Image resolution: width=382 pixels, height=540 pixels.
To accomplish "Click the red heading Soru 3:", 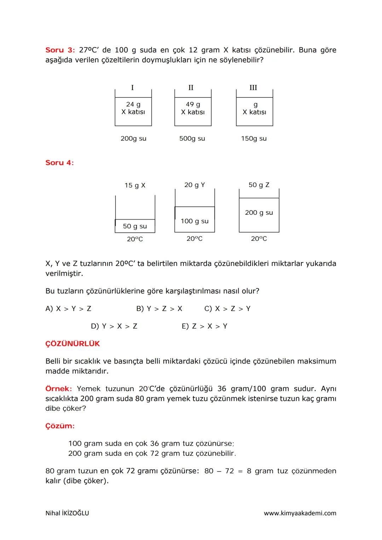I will click(x=60, y=50).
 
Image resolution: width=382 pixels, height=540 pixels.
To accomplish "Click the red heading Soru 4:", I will click(x=59, y=163).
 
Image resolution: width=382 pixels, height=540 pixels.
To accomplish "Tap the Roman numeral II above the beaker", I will click(x=191, y=88).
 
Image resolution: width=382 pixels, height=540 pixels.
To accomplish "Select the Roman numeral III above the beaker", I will click(x=253, y=88).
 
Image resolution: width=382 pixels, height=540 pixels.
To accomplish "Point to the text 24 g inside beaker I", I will click(x=133, y=104).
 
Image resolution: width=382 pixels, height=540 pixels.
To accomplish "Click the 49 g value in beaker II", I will click(x=193, y=104).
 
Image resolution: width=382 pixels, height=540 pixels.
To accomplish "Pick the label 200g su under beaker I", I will click(x=133, y=139).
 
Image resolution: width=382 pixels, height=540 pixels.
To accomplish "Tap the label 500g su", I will click(x=192, y=139).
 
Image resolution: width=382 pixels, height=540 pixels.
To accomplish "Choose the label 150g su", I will click(x=254, y=139).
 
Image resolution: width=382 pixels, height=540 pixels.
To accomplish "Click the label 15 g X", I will click(x=135, y=185).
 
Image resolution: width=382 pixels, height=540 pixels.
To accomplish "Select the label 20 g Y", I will click(x=195, y=185).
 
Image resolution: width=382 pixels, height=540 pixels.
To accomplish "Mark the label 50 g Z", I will click(x=259, y=185).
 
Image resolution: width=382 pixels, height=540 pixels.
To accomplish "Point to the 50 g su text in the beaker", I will click(x=135, y=226).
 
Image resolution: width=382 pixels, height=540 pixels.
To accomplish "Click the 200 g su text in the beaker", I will click(x=259, y=213).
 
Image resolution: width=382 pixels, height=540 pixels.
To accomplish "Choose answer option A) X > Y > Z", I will click(x=68, y=309).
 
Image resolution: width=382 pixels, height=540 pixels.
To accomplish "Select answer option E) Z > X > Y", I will click(x=204, y=326).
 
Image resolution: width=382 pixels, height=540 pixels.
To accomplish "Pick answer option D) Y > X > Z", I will click(x=114, y=326).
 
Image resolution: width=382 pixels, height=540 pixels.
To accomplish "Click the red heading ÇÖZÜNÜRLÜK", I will click(x=73, y=344).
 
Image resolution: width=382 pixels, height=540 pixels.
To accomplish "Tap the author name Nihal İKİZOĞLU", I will click(x=67, y=513).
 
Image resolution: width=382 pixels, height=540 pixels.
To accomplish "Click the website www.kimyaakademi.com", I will click(x=300, y=513).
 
